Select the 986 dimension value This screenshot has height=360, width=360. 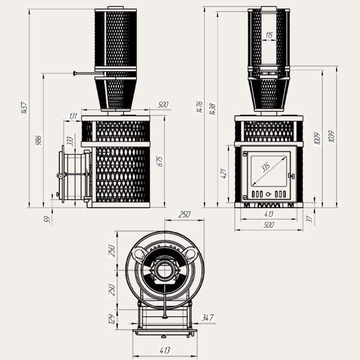click(x=39, y=140)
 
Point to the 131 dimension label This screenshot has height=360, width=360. click(x=73, y=116)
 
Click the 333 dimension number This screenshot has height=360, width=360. click(x=70, y=141)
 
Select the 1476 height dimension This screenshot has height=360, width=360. click(x=199, y=107)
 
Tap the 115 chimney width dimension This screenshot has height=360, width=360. click(x=268, y=36)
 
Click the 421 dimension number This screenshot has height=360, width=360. click(x=223, y=173)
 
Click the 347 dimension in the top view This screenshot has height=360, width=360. click(x=208, y=317)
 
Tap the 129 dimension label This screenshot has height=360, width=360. click(x=112, y=319)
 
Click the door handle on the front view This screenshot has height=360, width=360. click(x=292, y=176)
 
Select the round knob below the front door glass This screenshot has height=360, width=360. click(x=269, y=194)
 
